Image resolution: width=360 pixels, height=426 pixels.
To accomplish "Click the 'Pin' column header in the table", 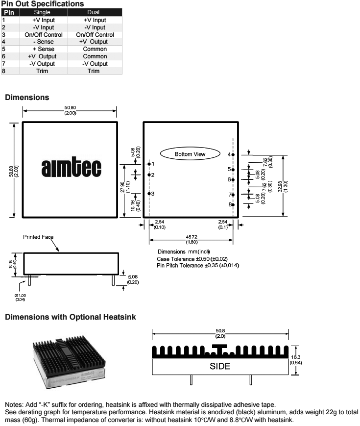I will pyautogui.click(x=10, y=12).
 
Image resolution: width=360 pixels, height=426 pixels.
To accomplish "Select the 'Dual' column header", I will pyautogui.click(x=95, y=12).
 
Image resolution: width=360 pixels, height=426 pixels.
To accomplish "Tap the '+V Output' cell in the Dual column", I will pyautogui.click(x=95, y=42).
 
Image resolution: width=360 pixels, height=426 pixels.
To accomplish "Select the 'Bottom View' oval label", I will pyautogui.click(x=190, y=154).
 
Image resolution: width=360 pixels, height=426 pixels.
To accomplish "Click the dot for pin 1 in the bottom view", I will pyautogui.click(x=149, y=164).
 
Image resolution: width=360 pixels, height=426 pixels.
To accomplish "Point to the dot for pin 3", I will pyautogui.click(x=149, y=194).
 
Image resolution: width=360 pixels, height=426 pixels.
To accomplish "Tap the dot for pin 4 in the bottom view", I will pyautogui.click(x=233, y=154).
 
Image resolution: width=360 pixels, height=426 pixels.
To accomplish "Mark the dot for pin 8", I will pyautogui.click(x=233, y=204).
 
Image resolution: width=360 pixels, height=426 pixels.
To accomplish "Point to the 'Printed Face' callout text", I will pyautogui.click(x=38, y=237).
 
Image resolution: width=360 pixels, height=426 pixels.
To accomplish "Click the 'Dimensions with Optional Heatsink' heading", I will pyautogui.click(x=70, y=317).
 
